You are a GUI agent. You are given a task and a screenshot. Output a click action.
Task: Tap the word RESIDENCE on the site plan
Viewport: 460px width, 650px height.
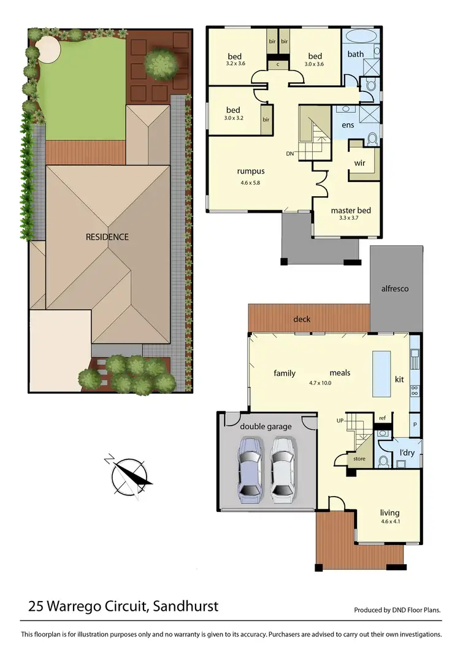pyautogui.click(x=107, y=237)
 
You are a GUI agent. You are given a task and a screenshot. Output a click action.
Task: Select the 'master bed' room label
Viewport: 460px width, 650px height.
pyautogui.click(x=350, y=210)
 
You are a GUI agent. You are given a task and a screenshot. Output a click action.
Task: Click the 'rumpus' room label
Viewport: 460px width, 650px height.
pyautogui.click(x=251, y=172)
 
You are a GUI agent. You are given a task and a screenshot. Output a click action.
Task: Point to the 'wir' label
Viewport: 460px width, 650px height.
pyautogui.click(x=360, y=163)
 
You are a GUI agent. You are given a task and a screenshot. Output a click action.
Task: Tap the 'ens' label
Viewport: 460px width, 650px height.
pyautogui.click(x=348, y=125)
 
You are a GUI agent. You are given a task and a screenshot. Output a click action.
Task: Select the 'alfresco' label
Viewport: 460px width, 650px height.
pyautogui.click(x=396, y=288)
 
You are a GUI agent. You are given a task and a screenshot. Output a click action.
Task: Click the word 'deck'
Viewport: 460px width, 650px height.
pyautogui.click(x=302, y=319)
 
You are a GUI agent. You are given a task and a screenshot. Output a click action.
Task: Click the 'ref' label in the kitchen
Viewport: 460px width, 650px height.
pyautogui.click(x=382, y=418)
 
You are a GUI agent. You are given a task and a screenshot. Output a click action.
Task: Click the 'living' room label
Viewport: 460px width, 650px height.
pyautogui.click(x=389, y=513)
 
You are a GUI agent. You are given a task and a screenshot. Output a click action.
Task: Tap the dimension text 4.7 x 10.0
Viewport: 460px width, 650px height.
pyautogui.click(x=320, y=383)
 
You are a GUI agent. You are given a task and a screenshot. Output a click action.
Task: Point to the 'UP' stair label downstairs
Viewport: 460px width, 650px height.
pyautogui.click(x=340, y=421)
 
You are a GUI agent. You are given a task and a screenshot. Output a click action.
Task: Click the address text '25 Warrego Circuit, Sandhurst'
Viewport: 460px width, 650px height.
pyautogui.click(x=123, y=607)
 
